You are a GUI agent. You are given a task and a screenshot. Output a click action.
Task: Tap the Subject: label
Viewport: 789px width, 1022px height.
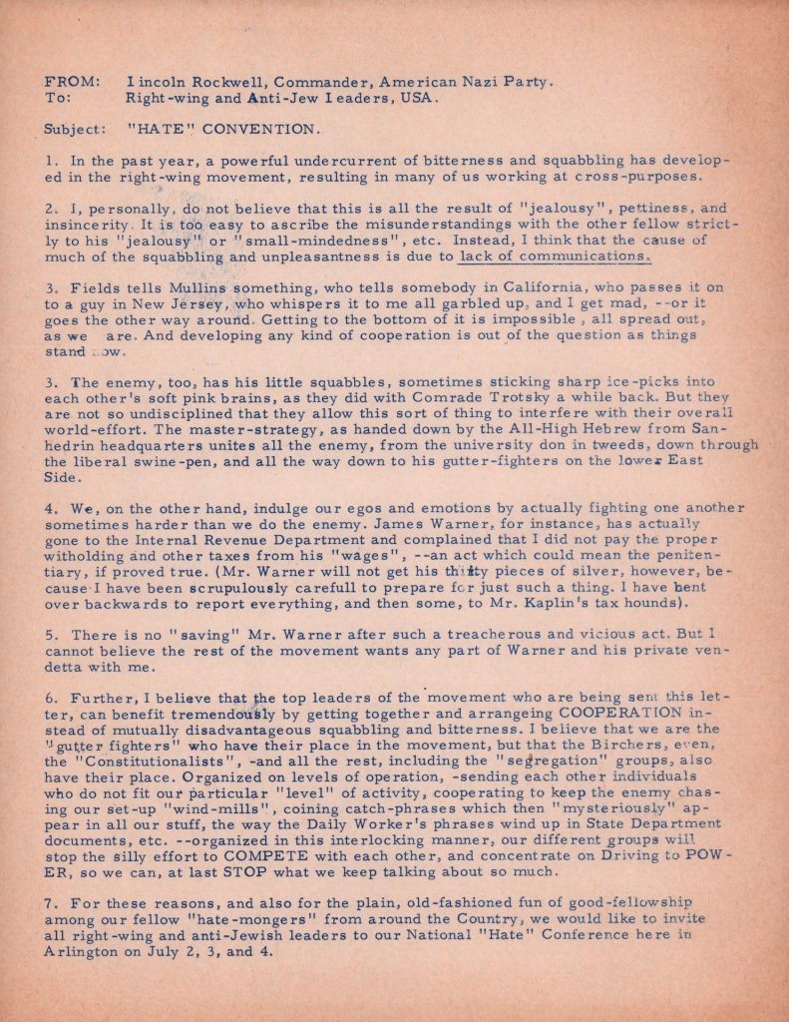coord(73,129)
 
